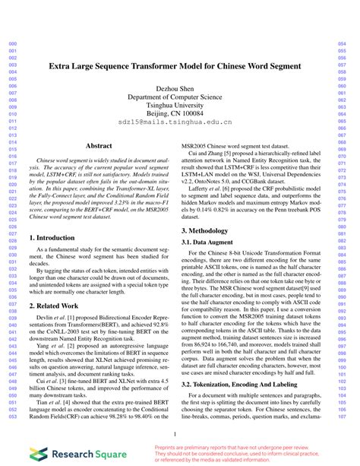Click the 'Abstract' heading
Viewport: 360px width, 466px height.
pos(99,145)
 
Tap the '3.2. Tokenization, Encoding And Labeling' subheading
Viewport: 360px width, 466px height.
pos(240,385)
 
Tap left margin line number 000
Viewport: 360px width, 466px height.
pos(11,44)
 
